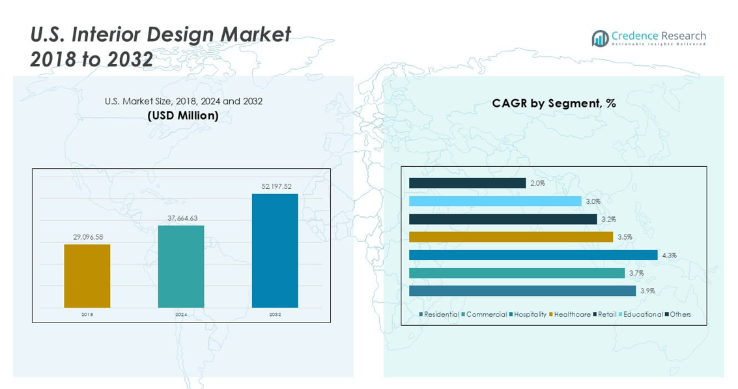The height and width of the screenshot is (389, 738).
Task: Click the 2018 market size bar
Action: (x=87, y=276)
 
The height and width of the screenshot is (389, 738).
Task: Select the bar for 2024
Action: (x=180, y=267)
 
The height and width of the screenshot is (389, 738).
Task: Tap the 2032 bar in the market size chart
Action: (x=275, y=250)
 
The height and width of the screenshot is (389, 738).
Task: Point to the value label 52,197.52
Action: (x=276, y=187)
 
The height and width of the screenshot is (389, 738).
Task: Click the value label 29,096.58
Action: (x=88, y=237)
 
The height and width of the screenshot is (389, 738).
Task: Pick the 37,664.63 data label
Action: (x=182, y=218)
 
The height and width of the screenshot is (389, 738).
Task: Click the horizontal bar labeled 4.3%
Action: (x=533, y=255)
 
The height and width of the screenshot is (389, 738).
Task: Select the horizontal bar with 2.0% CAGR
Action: (x=467, y=183)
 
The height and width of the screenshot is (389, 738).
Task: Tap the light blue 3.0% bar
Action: (x=495, y=201)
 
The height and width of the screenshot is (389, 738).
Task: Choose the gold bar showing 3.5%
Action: (x=511, y=237)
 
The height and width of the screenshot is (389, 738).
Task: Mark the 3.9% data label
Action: (x=647, y=291)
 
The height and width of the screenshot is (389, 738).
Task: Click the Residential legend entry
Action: (x=441, y=315)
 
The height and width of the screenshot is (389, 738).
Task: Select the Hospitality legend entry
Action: (x=530, y=315)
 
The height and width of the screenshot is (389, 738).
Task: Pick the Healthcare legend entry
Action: (x=572, y=315)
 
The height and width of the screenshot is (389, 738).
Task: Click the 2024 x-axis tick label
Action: (x=181, y=315)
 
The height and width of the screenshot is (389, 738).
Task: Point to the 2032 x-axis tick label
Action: (x=275, y=315)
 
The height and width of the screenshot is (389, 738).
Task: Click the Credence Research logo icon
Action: (x=600, y=38)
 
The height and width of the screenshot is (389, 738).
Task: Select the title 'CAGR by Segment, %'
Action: (x=554, y=103)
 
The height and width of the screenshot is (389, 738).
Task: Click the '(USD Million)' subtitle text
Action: (x=183, y=115)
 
